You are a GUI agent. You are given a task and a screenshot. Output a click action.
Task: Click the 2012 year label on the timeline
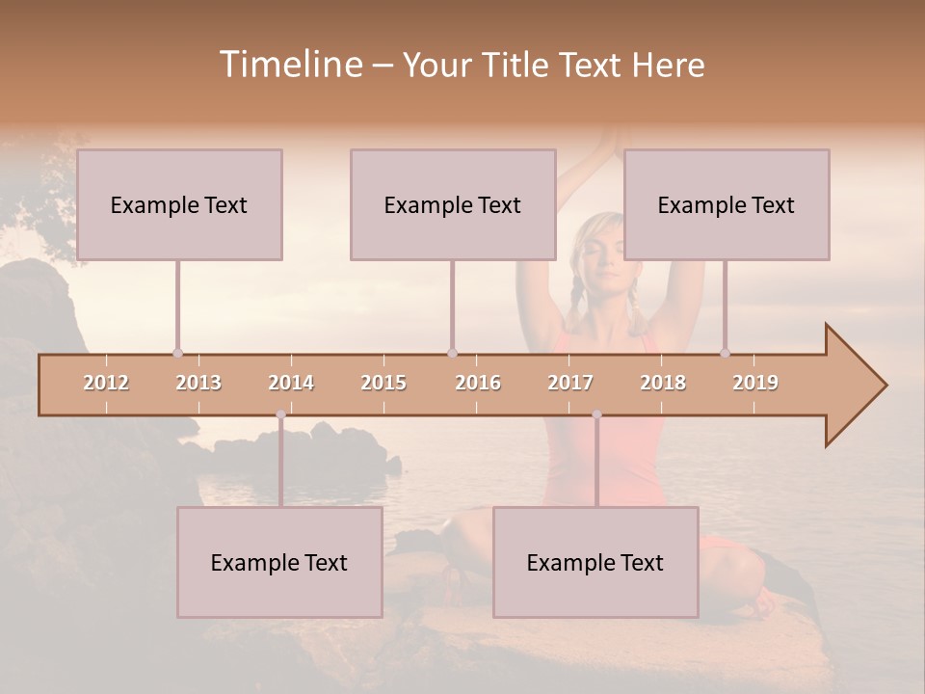point(106,383)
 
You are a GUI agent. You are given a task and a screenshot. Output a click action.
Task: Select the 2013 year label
point(198,383)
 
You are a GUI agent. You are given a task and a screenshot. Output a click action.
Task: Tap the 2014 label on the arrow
point(291,383)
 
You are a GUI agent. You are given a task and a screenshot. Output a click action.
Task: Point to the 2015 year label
point(383,383)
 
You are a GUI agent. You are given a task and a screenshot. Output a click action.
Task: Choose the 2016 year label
point(478,383)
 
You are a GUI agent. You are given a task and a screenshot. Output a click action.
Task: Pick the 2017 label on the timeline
point(570,383)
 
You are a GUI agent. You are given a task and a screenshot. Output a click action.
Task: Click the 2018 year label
point(663,383)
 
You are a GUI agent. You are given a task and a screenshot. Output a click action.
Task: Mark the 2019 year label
point(755,383)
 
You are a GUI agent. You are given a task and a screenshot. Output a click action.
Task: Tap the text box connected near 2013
point(179,204)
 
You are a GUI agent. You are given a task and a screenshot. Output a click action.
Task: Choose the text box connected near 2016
point(453,204)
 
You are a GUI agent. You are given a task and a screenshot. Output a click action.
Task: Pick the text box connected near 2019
point(727,204)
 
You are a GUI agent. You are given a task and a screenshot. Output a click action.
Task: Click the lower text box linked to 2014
point(279,562)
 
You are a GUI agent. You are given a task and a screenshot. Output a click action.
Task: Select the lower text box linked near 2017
point(595,562)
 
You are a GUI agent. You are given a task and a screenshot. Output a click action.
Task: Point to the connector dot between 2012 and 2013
point(177,353)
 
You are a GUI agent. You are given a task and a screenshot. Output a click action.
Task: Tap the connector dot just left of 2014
point(280,414)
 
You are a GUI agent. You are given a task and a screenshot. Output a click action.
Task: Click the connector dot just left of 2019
point(725,353)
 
